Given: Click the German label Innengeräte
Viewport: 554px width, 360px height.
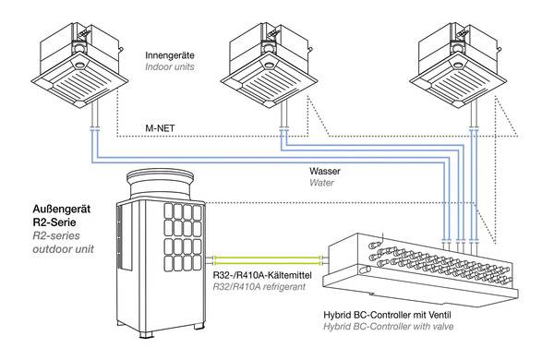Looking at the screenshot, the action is pyautogui.click(x=170, y=55).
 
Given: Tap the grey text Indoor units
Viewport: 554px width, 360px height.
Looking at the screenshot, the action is pyautogui.click(x=170, y=66).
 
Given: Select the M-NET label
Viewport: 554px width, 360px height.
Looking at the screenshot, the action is pyautogui.click(x=160, y=128).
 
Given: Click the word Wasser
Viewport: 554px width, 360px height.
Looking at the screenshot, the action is pyautogui.click(x=325, y=172).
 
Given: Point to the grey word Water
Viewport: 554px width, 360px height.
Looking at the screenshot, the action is pyautogui.click(x=321, y=183).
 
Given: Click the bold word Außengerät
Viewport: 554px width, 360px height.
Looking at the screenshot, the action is pyautogui.click(x=62, y=210).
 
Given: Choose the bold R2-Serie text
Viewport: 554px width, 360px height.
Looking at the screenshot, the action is pyautogui.click(x=54, y=222).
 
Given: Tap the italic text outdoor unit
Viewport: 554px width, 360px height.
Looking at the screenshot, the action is pyautogui.click(x=64, y=249).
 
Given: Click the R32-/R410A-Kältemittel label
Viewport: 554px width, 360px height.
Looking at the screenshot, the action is pyautogui.click(x=262, y=275).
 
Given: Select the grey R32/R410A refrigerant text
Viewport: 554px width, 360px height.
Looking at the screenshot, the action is pyautogui.click(x=259, y=286).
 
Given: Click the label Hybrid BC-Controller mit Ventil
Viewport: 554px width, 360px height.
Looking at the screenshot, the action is pyautogui.click(x=387, y=315).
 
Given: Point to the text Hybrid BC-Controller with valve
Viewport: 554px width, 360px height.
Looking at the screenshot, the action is pyautogui.click(x=389, y=326).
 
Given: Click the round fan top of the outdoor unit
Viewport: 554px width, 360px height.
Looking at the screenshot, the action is pyautogui.click(x=161, y=184).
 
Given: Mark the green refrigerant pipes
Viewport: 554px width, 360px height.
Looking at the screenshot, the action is pyautogui.click(x=267, y=260).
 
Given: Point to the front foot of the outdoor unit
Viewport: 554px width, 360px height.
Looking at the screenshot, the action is pyautogui.click(x=146, y=334).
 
